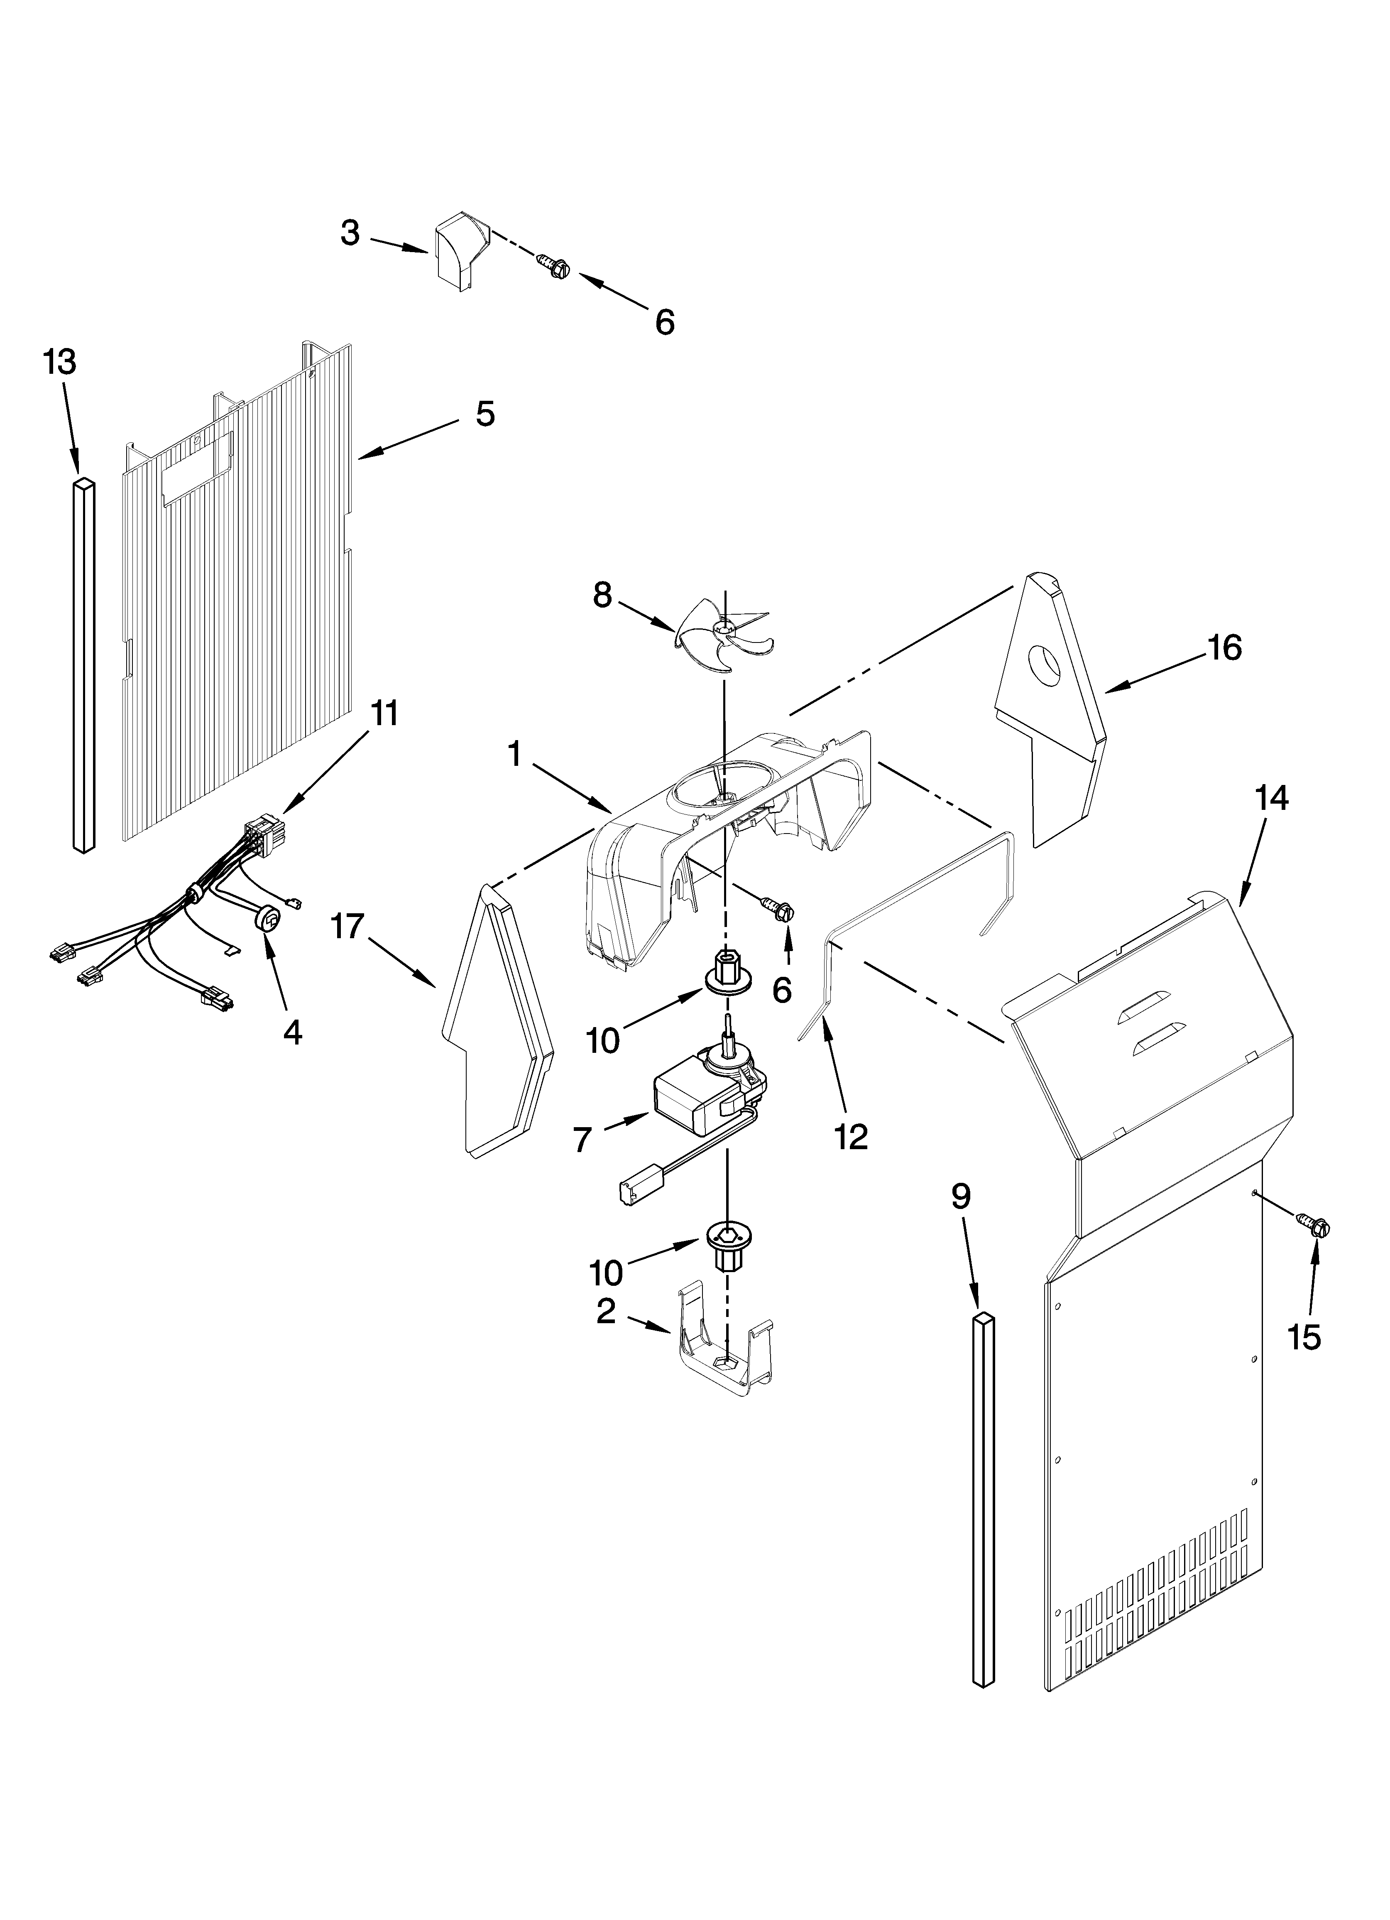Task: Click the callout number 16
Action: click(x=1224, y=647)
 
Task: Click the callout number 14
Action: click(x=1272, y=797)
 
